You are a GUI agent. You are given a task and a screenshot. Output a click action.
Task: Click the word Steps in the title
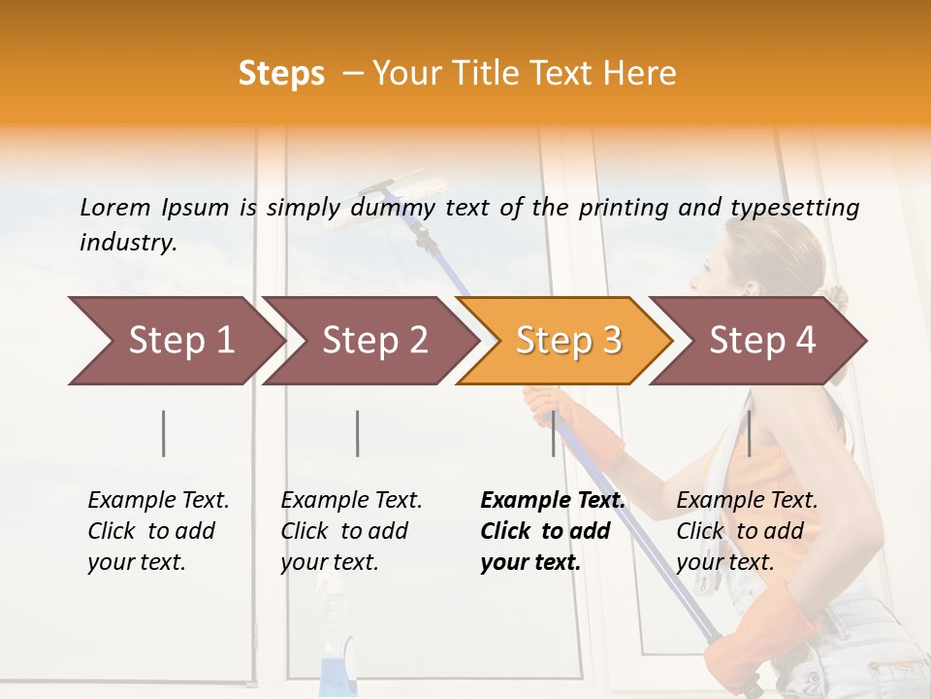[281, 74]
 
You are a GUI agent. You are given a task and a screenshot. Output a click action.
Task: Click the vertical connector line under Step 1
[164, 433]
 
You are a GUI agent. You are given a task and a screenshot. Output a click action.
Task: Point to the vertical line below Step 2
[358, 433]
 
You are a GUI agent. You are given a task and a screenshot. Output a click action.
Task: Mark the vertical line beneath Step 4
[749, 433]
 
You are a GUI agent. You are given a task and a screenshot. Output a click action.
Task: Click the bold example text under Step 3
[553, 531]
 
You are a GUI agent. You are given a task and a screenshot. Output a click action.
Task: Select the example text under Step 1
[158, 531]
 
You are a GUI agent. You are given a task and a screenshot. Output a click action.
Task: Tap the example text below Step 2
[351, 531]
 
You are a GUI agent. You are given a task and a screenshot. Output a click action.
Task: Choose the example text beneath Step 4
[747, 531]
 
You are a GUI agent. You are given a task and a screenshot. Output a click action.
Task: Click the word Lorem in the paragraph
[115, 207]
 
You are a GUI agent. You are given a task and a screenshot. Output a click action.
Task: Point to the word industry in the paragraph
[128, 243]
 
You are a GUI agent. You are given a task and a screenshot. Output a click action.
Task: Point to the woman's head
[766, 262]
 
